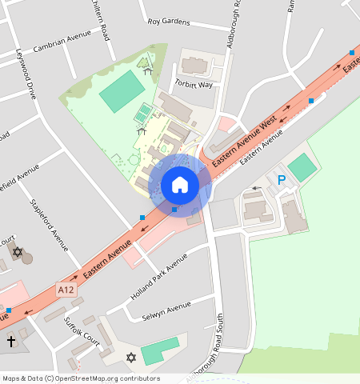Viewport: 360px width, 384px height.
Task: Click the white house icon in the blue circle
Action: pos(180,185)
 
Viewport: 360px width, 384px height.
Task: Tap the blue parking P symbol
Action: pos(281,180)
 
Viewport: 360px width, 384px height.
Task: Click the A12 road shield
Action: pos(67,290)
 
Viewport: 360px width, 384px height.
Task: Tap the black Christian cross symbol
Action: pos(11,341)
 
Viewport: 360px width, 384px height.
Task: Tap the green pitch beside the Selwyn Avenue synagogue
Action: pos(159,350)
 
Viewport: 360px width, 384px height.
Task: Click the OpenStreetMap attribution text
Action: pos(81,378)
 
